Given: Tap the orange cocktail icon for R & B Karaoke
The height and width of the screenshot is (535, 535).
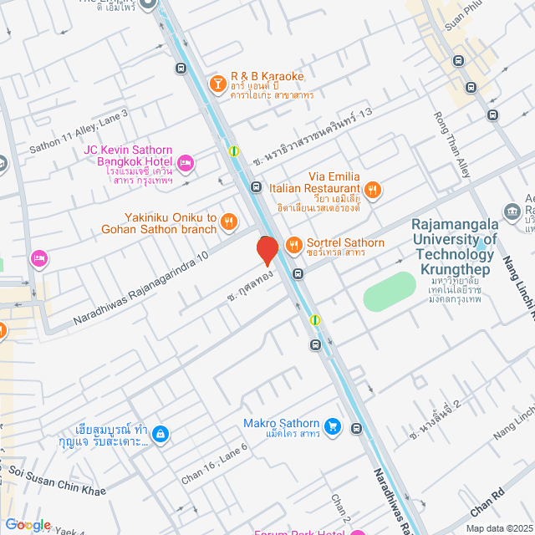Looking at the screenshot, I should pos(217,82).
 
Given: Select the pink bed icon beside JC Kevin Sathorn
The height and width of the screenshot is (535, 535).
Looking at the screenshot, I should pos(186,161).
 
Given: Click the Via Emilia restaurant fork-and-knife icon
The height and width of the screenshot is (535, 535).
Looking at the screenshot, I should pos(373,189).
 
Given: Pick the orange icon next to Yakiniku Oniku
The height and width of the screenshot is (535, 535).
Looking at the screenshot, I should pos(230,222).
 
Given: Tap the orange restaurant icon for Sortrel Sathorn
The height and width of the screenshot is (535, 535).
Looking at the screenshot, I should pos(293,244).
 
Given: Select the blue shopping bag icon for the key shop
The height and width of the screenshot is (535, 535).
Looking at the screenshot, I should pos(160,434).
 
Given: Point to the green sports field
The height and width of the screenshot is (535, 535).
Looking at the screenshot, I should pos(389,289).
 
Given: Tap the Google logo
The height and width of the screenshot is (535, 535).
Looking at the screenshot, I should pos(28,524).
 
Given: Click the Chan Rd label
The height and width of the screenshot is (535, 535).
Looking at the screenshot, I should pos(489,498).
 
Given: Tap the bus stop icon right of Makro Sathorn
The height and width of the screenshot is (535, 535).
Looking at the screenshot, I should pos(357,429).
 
